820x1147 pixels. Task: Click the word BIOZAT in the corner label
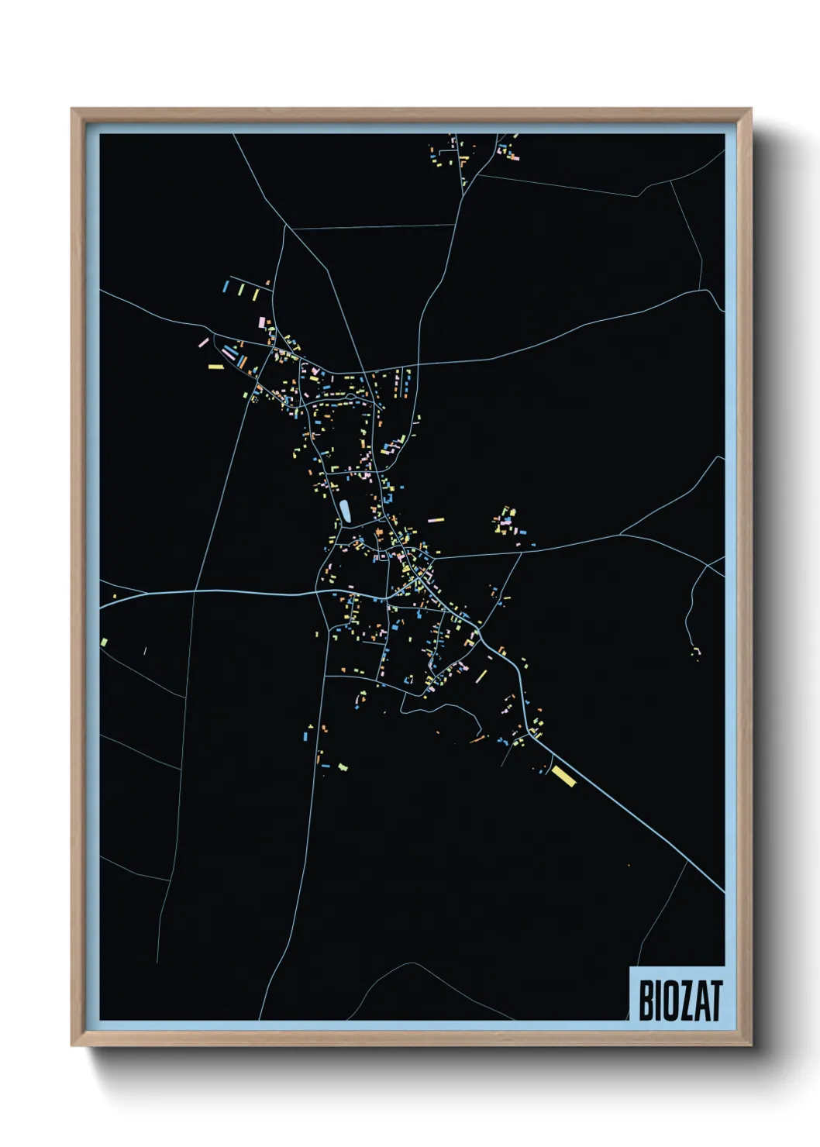tap(680, 1000)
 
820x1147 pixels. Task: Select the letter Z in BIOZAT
tap(685, 1000)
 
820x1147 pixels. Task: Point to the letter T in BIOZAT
tap(716, 1000)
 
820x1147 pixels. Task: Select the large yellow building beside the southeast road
tap(563, 776)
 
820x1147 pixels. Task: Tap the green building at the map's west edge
tap(104, 642)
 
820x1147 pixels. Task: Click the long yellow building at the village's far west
tap(215, 367)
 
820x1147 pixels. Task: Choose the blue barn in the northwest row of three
tap(226, 286)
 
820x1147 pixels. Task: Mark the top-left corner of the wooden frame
tap(73, 110)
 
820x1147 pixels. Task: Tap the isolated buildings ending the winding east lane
tap(696, 653)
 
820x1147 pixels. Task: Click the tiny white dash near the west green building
tap(145, 650)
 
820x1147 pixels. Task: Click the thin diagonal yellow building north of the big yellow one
tap(481, 677)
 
